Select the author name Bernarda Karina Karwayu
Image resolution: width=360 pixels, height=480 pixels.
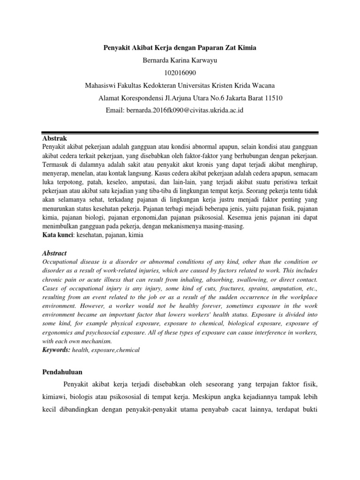click(x=180, y=60)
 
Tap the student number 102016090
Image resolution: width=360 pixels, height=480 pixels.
click(x=180, y=73)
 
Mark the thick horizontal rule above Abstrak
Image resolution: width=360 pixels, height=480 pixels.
click(x=180, y=131)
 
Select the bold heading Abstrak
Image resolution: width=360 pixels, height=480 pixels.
click(x=55, y=139)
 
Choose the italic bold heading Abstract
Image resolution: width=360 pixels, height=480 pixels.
click(x=55, y=253)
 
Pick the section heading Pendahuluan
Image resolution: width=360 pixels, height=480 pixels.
click(x=62, y=372)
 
